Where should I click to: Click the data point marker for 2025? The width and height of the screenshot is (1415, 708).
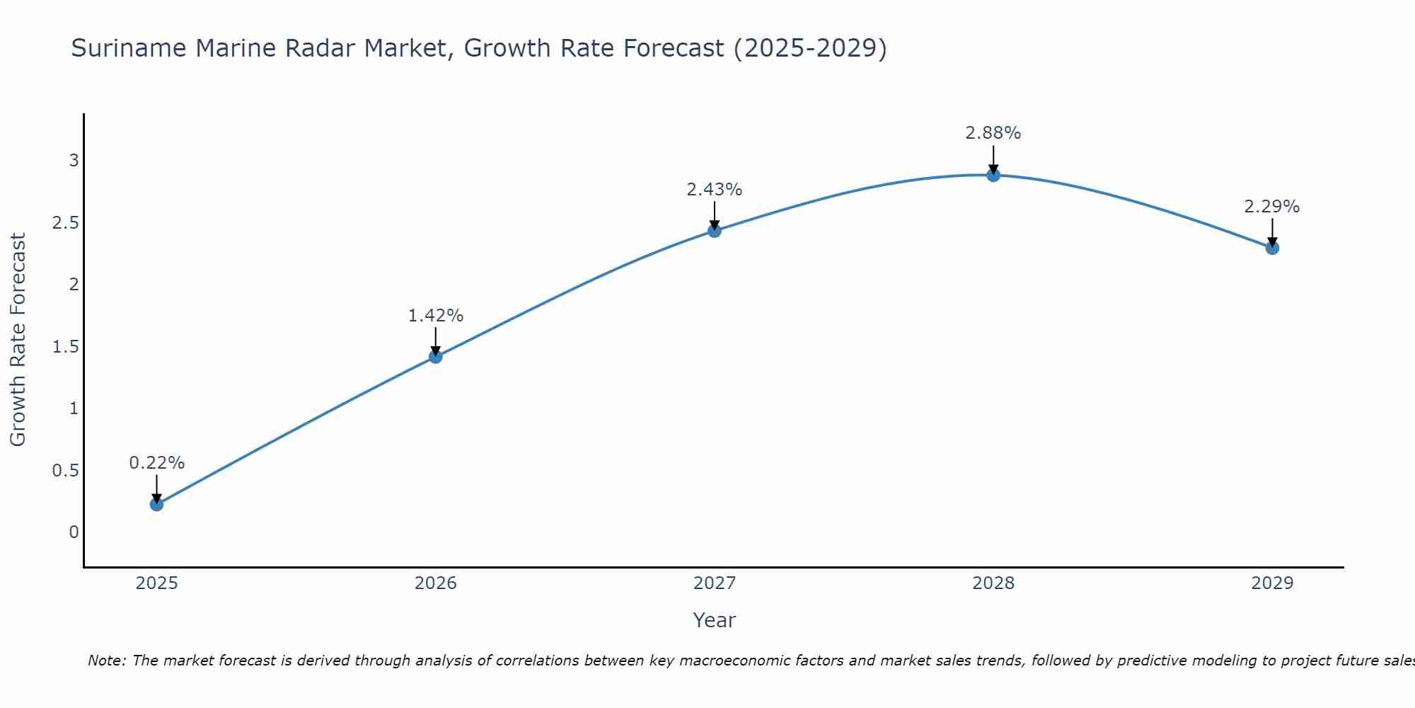tap(156, 504)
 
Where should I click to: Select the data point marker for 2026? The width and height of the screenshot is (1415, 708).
tap(436, 356)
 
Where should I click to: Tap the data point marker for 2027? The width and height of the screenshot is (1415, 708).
tap(715, 231)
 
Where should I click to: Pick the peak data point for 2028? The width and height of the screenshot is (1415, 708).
tap(993, 175)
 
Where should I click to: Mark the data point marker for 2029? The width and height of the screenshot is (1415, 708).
tap(1272, 248)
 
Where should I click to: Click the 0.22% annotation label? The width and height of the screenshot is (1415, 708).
tap(156, 463)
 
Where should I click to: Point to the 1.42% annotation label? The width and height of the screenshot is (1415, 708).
tap(436, 316)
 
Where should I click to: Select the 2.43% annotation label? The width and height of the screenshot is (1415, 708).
tap(715, 190)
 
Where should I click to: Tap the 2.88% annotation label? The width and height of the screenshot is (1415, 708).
tap(993, 133)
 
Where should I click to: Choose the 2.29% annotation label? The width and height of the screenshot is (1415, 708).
tap(1272, 207)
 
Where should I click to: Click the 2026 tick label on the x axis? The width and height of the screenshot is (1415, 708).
tap(436, 583)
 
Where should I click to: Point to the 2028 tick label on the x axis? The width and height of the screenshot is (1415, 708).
tap(993, 583)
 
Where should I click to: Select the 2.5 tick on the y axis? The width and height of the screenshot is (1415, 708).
tap(65, 223)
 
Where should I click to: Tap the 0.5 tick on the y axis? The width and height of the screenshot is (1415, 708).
tap(65, 471)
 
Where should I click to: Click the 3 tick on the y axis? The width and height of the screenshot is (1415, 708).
tap(74, 161)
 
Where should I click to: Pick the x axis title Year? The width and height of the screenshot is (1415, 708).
tap(715, 620)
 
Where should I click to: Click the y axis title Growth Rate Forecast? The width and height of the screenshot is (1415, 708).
tap(18, 340)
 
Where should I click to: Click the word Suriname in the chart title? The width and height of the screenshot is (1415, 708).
tap(129, 49)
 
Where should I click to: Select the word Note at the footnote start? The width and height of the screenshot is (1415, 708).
tap(106, 661)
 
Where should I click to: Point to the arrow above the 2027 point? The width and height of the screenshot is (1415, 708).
tap(715, 215)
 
